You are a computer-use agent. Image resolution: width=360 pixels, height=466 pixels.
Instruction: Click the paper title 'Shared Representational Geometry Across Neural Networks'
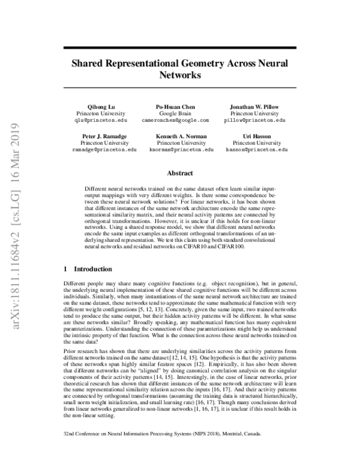coord(179,68)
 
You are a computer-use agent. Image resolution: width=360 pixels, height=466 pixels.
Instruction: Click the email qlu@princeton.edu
coord(98,120)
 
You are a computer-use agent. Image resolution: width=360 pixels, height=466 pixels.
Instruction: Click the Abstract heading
coord(179,172)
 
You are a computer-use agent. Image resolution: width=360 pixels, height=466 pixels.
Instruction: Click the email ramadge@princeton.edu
coord(106,150)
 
